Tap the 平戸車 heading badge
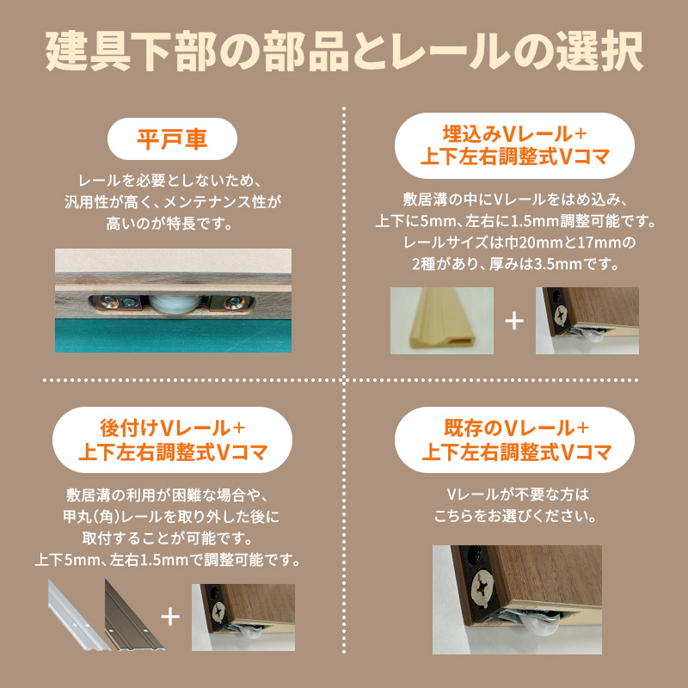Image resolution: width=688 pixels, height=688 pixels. (172, 140)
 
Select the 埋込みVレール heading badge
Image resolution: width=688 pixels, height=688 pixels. (515, 145)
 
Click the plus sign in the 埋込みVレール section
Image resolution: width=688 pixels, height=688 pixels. (513, 321)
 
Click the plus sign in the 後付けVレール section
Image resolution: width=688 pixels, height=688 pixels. (170, 617)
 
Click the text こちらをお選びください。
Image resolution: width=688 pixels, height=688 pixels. (515, 518)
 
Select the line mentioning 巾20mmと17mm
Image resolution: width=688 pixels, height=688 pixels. (515, 242)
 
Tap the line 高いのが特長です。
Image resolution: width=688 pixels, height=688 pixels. (172, 224)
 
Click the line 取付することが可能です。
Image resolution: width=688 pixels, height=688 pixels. (172, 539)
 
